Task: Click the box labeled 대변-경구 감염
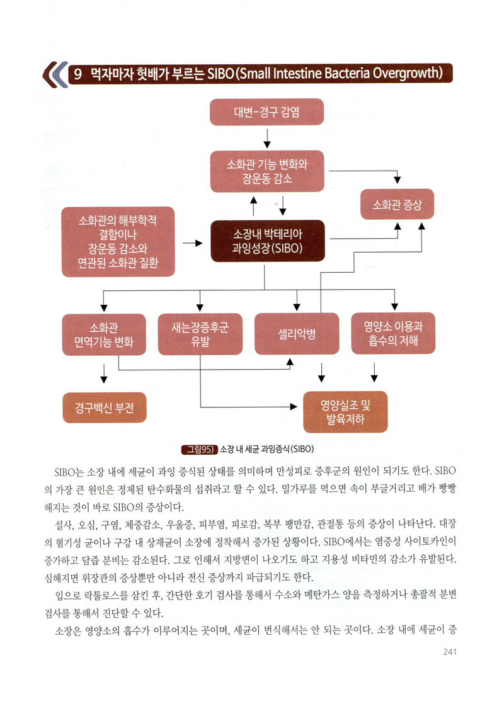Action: pyautogui.click(x=266, y=111)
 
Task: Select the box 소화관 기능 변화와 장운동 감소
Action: pyautogui.click(x=267, y=171)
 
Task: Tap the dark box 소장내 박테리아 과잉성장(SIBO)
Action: pyautogui.click(x=268, y=241)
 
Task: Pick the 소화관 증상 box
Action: pyautogui.click(x=398, y=205)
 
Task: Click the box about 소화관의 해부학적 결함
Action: pyautogui.click(x=118, y=242)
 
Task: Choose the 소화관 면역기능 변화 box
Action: pyautogui.click(x=104, y=334)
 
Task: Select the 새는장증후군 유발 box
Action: pyautogui.click(x=200, y=334)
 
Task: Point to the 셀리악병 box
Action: pyautogui.click(x=297, y=334)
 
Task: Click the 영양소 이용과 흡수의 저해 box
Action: pyautogui.click(x=393, y=333)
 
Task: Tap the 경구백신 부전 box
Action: pyautogui.click(x=105, y=407)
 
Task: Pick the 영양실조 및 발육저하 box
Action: pyautogui.click(x=346, y=412)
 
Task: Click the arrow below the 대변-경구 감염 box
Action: pyautogui.click(x=267, y=139)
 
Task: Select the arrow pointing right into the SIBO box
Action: pyautogui.click(x=192, y=244)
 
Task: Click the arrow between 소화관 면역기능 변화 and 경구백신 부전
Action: pyautogui.click(x=104, y=373)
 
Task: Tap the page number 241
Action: pyautogui.click(x=450, y=652)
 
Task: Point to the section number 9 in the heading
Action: pyautogui.click(x=77, y=74)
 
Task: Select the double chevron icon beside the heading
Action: pyautogui.click(x=55, y=74)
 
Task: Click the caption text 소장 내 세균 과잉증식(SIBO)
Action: pyautogui.click(x=266, y=449)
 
